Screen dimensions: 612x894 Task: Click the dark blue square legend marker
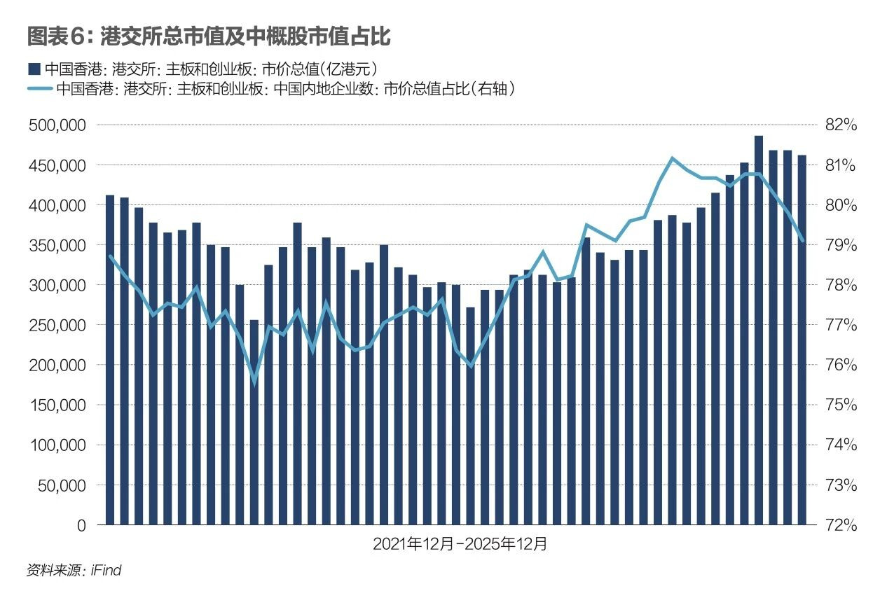(32, 69)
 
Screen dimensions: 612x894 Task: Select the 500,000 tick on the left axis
(60, 125)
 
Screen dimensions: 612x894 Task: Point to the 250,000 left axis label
(60, 325)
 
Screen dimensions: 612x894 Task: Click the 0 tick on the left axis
(81, 525)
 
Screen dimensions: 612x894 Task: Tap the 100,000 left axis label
(60, 445)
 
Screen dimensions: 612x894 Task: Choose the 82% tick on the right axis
(841, 125)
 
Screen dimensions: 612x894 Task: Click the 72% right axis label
(841, 525)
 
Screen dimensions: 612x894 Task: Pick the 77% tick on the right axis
(841, 325)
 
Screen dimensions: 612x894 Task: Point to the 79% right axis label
(841, 245)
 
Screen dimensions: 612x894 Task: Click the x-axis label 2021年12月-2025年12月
(460, 544)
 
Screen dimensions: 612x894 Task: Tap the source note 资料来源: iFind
(74, 571)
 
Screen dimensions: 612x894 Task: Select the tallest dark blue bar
(759, 329)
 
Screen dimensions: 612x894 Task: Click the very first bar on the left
(110, 360)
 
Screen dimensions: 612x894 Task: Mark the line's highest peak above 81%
(673, 158)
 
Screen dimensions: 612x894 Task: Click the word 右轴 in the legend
(494, 89)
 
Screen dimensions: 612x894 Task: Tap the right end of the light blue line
(803, 241)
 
